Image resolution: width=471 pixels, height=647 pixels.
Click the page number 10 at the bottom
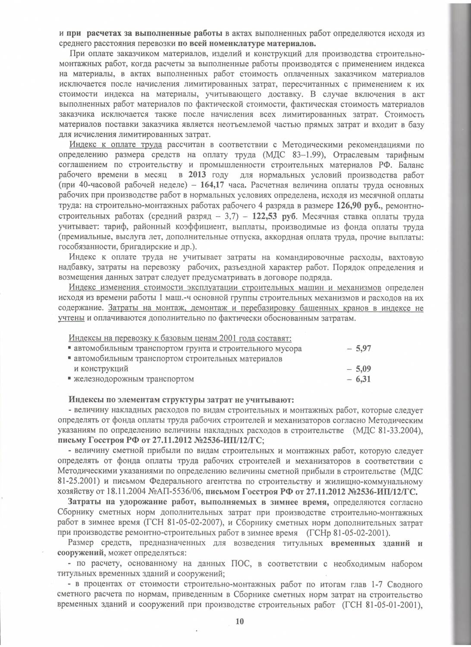click(240, 622)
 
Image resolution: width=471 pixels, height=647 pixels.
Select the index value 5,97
click(363, 349)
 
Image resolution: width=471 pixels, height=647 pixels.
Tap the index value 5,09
click(363, 369)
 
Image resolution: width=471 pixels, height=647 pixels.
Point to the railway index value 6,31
click(363, 380)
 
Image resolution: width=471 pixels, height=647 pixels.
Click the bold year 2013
click(197, 175)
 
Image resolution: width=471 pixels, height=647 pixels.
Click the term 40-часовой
click(93, 185)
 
